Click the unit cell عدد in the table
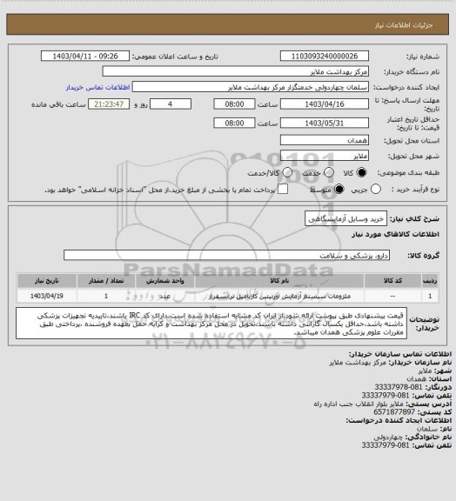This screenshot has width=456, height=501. [x=164, y=297]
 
